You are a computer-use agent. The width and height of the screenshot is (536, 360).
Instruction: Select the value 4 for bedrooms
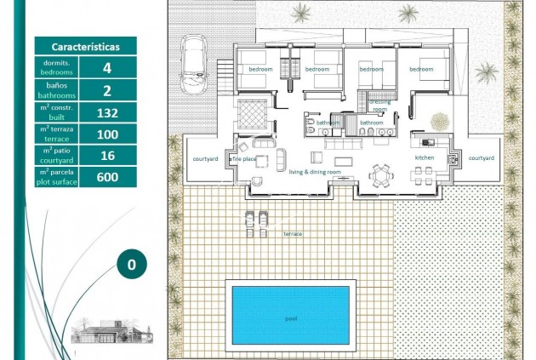tap(107, 67)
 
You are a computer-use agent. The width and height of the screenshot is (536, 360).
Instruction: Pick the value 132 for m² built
tap(107, 111)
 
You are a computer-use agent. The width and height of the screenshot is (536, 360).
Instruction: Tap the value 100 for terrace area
tap(107, 134)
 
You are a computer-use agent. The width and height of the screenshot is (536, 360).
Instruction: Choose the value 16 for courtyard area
tap(107, 155)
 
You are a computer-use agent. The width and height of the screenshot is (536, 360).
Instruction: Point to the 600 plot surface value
tap(107, 177)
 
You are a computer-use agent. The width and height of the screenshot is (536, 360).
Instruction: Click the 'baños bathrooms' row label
tap(57, 89)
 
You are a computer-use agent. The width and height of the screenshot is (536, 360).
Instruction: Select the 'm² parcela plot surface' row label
tap(57, 177)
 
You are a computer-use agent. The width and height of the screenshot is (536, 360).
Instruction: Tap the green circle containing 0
tap(131, 265)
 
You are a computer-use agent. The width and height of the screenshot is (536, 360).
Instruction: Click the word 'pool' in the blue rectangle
tap(291, 317)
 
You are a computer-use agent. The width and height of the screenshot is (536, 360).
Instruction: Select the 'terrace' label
tap(293, 233)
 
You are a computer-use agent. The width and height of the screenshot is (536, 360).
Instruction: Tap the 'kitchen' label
tap(425, 158)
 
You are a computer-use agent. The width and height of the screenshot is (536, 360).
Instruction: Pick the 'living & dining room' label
tap(315, 173)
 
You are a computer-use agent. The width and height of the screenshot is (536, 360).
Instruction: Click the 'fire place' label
tap(244, 158)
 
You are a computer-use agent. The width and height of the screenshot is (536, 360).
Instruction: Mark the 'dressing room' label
tap(379, 106)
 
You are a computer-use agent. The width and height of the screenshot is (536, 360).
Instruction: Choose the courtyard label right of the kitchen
tap(481, 158)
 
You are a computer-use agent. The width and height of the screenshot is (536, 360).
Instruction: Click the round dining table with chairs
tap(380, 175)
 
